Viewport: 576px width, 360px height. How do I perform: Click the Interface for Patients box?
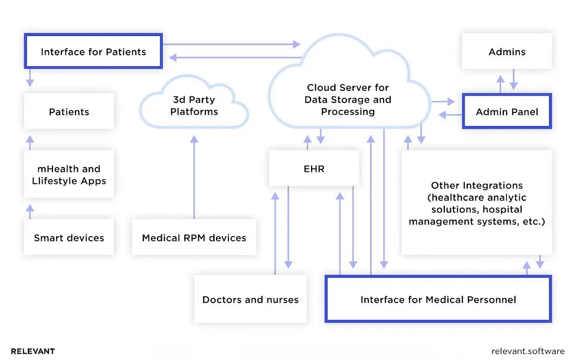94,51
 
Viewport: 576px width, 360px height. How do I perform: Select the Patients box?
69,111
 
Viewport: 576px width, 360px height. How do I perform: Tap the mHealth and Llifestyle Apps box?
69,174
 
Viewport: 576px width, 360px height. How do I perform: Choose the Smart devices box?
69,238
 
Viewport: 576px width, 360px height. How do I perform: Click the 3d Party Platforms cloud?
194,106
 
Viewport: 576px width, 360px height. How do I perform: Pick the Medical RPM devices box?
194,238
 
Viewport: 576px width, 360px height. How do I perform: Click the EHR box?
314,168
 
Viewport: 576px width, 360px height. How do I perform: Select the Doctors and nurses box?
250,300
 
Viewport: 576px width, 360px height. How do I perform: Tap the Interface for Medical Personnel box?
438,300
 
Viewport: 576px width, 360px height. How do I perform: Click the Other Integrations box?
476,203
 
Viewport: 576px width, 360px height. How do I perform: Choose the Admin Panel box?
506,112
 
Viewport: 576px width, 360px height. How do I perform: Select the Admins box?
506,51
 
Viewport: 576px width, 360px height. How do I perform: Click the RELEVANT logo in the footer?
33,351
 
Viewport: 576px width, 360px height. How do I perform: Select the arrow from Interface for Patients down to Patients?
30,77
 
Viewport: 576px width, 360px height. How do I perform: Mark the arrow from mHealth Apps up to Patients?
30,142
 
